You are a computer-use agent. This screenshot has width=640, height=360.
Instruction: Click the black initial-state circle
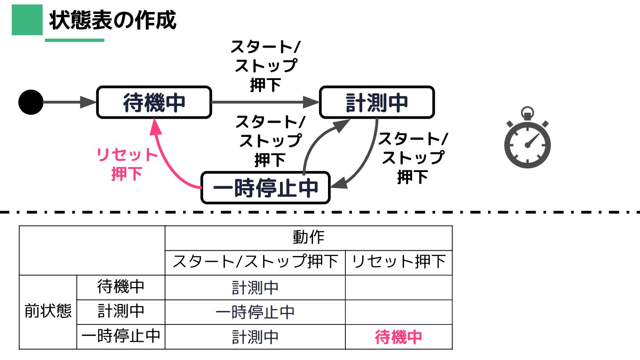[31, 102]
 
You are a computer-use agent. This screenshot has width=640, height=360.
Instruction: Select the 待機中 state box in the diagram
[154, 102]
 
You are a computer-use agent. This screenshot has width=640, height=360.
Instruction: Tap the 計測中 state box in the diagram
[376, 103]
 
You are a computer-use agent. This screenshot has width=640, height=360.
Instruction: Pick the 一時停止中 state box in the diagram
[265, 188]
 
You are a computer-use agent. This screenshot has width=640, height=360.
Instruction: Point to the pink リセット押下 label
[127, 164]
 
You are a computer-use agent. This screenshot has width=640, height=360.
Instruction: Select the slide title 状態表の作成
[113, 20]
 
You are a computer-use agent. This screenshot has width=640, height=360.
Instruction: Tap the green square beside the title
[27, 20]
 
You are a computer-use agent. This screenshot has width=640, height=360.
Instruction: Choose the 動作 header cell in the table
[308, 238]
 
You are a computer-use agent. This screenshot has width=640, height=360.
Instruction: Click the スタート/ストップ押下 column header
[255, 262]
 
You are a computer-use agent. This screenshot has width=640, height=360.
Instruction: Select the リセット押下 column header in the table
[399, 262]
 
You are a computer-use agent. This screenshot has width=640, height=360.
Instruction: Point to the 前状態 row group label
[48, 312]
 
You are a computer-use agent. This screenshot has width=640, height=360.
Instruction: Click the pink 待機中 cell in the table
[399, 337]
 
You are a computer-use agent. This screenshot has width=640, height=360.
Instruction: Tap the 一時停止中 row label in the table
[121, 336]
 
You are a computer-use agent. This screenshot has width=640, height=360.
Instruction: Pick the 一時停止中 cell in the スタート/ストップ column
[255, 312]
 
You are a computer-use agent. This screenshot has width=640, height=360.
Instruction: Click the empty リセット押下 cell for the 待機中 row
[399, 287]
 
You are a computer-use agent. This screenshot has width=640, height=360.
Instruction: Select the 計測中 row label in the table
[121, 312]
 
